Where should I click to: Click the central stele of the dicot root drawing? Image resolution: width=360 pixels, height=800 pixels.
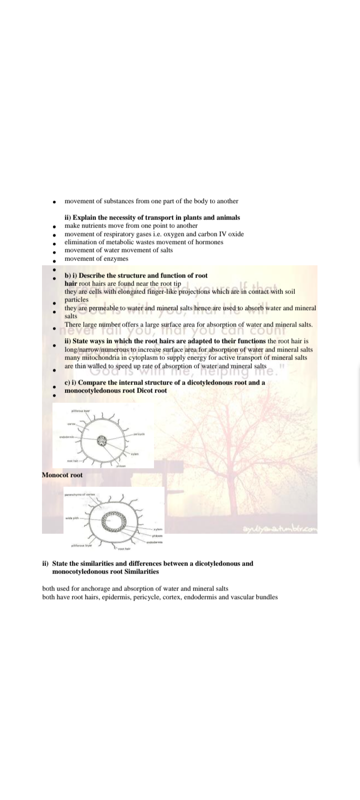pyautogui.click(x=103, y=441)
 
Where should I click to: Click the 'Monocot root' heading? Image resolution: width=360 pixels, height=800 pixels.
pyautogui.click(x=62, y=475)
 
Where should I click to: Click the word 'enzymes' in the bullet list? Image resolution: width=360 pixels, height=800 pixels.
pyautogui.click(x=117, y=258)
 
